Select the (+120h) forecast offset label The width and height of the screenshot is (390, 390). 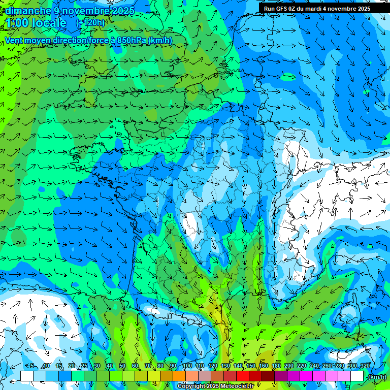pos(90,23)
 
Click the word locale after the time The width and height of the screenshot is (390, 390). pos(49,23)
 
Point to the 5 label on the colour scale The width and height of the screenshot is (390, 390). pos(31,366)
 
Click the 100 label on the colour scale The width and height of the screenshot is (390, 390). pos(187,366)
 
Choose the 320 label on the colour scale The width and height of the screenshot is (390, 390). pos(365,366)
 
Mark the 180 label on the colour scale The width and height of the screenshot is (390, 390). pos(276,366)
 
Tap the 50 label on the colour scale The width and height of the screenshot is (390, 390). pos(122,366)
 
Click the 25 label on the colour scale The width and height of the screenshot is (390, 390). pos(84,366)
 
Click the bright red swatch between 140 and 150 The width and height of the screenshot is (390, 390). pos(242,376)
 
